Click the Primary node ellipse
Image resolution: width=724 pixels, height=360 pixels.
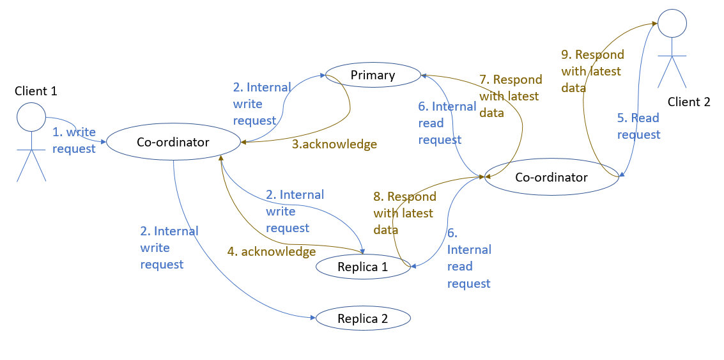pyautogui.click(x=373, y=75)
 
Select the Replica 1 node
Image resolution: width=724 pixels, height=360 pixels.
pyautogui.click(x=363, y=267)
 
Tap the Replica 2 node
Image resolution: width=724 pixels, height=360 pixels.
pyautogui.click(x=363, y=318)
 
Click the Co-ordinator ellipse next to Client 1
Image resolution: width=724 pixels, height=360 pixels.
pyautogui.click(x=173, y=143)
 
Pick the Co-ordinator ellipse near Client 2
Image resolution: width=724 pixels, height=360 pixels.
pyautogui.click(x=551, y=177)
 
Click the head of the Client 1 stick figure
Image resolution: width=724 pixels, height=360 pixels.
pyautogui.click(x=31, y=118)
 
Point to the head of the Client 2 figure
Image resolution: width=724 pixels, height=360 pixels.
pyautogui.click(x=672, y=23)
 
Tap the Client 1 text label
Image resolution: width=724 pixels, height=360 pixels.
pyautogui.click(x=36, y=91)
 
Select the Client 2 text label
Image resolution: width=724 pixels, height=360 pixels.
pyautogui.click(x=689, y=101)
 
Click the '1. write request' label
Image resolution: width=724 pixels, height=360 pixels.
pyautogui.click(x=74, y=141)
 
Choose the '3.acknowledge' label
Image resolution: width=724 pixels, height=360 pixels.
pyautogui.click(x=334, y=144)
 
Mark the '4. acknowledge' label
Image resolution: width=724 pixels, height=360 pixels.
pyautogui.click(x=272, y=251)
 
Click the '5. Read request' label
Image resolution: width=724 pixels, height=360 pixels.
pyautogui.click(x=638, y=126)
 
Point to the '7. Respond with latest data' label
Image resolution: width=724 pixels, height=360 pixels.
pyautogui.click(x=510, y=96)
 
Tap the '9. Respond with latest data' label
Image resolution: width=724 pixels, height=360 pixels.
pyautogui.click(x=592, y=71)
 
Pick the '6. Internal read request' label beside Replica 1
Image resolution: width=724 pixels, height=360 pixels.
pyautogui.click(x=469, y=258)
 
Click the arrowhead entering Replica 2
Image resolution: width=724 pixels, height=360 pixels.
pyautogui.click(x=313, y=318)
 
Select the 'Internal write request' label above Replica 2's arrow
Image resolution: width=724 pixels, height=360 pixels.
pyautogui.click(x=169, y=247)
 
